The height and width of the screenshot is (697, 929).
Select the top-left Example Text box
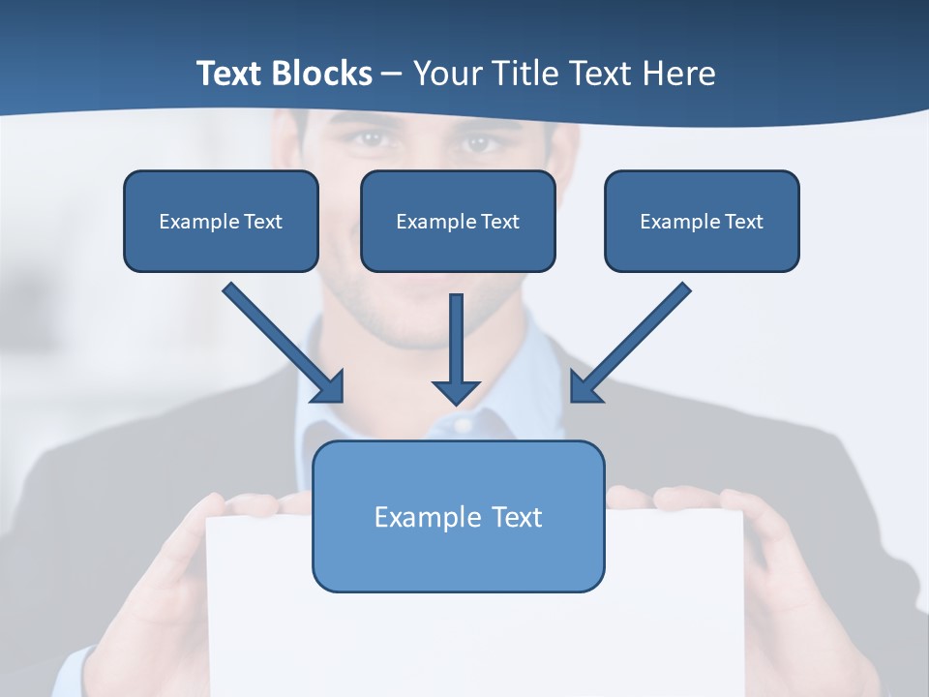(x=221, y=221)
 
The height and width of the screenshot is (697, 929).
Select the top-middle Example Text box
(x=458, y=221)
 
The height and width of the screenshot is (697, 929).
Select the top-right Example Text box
(x=702, y=221)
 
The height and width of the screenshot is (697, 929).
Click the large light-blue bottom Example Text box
(x=458, y=516)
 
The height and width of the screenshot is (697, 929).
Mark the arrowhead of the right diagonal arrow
(x=584, y=387)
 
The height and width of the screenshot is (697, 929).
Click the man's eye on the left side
(x=367, y=138)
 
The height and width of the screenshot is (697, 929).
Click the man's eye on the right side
(x=478, y=142)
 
